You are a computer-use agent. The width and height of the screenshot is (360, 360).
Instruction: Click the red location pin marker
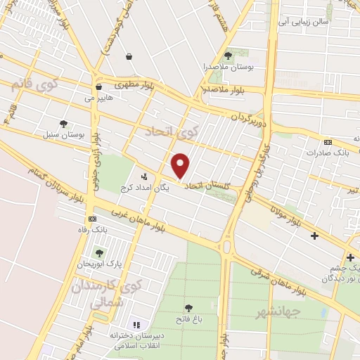(181, 165)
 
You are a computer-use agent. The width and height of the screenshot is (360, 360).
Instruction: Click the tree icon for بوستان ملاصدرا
(227, 56)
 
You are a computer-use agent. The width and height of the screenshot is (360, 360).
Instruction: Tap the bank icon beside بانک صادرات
(328, 141)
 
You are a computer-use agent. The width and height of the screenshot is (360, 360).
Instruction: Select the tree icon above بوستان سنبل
(63, 123)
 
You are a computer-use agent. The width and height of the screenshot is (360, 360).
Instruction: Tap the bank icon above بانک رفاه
(91, 219)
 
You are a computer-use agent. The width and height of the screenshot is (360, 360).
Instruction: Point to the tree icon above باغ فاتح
(188, 307)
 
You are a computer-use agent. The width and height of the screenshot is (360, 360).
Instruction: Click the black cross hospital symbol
(314, 236)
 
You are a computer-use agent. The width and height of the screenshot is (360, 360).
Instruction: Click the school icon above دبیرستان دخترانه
(137, 326)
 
